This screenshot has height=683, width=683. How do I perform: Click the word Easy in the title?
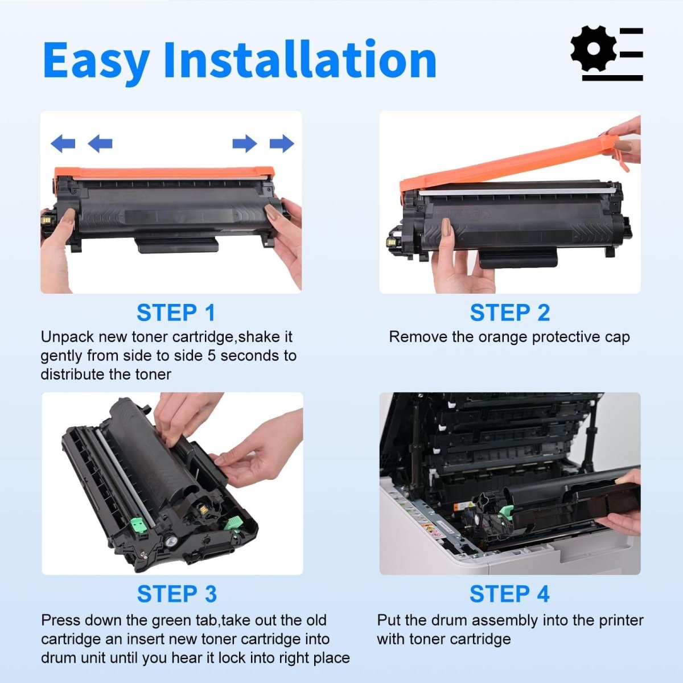(x=96, y=61)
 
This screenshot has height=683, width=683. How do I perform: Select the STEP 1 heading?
(x=176, y=313)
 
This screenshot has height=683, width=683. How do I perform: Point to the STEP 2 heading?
(x=509, y=313)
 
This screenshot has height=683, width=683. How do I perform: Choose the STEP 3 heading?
(x=176, y=594)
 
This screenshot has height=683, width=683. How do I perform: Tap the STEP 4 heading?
(x=509, y=594)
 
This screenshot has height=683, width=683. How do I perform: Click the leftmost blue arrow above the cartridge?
(x=63, y=143)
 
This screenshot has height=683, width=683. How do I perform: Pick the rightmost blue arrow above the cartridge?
(x=282, y=143)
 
